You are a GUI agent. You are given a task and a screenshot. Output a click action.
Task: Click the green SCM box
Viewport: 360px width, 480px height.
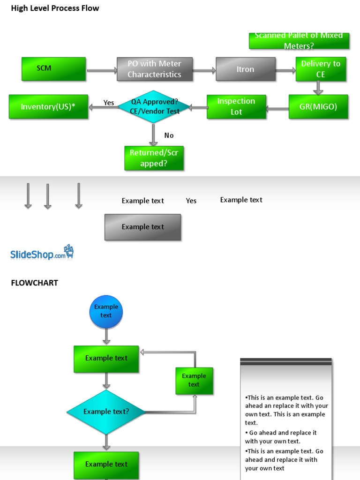tap(53, 69)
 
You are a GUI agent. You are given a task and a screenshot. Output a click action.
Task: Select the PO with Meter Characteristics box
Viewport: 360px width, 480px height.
tap(155, 69)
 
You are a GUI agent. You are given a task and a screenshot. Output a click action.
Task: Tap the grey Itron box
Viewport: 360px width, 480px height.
tap(246, 69)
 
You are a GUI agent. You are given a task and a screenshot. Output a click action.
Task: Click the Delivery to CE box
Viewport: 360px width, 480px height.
tap(321, 69)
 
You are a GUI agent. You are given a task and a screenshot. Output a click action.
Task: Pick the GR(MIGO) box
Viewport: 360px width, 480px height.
tap(318, 106)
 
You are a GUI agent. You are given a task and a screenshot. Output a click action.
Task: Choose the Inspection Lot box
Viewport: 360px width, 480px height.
tap(236, 106)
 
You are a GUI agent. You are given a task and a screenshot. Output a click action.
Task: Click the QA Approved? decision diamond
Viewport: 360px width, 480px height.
tap(154, 106)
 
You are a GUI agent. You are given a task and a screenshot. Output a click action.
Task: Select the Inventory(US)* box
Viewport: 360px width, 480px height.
tap(48, 106)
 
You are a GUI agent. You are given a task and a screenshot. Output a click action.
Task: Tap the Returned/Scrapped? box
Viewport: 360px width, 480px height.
tap(154, 158)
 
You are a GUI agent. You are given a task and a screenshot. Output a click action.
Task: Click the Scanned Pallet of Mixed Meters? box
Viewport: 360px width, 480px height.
tap(299, 41)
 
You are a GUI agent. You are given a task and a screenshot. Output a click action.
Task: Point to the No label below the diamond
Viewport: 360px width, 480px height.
tap(169, 135)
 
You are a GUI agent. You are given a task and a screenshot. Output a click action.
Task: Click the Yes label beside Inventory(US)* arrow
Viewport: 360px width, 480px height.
tap(109, 103)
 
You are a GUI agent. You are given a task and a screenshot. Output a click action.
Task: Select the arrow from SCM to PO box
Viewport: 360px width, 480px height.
tap(102, 70)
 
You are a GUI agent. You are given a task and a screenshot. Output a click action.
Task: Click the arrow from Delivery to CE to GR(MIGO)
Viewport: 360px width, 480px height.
tap(318, 88)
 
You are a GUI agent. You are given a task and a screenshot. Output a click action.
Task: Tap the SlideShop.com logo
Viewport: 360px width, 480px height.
tap(42, 252)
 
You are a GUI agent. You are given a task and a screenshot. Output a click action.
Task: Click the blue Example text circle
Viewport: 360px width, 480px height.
tap(106, 312)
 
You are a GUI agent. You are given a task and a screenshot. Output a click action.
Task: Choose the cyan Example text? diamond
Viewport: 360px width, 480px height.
tap(106, 412)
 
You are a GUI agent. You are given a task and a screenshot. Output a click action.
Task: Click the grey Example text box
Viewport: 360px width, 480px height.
tap(142, 227)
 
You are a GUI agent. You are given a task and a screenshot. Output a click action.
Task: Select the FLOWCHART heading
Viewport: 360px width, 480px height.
tap(35, 283)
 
